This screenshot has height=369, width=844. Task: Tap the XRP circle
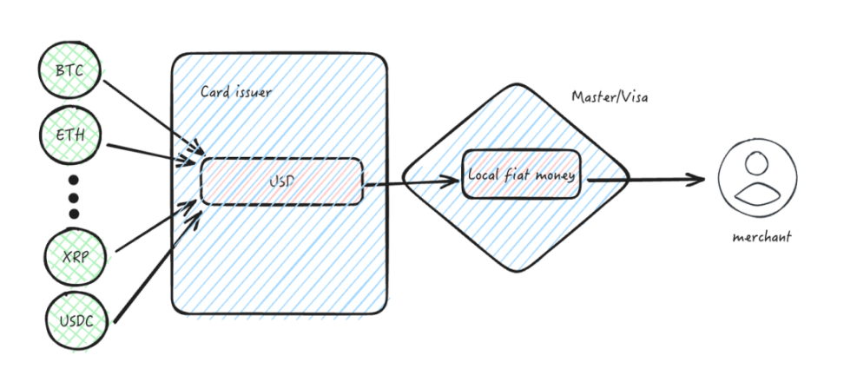[x=72, y=255]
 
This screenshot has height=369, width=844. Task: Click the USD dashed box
[x=281, y=181]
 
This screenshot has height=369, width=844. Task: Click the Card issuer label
[x=234, y=91]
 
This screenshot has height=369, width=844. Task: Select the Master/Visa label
[x=608, y=96]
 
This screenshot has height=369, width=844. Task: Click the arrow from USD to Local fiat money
[x=410, y=182]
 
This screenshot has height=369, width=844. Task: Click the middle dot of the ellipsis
[x=73, y=195]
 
